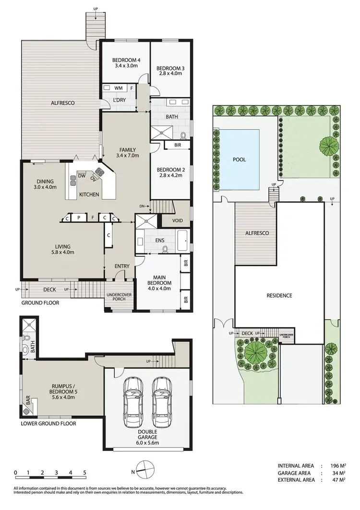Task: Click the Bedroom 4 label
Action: [x=126, y=60]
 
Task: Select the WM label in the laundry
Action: [x=117, y=88]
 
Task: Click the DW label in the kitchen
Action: [x=82, y=176]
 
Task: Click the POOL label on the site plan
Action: [x=239, y=159]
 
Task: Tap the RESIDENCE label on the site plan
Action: [x=279, y=295]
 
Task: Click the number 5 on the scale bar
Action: [x=84, y=473]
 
